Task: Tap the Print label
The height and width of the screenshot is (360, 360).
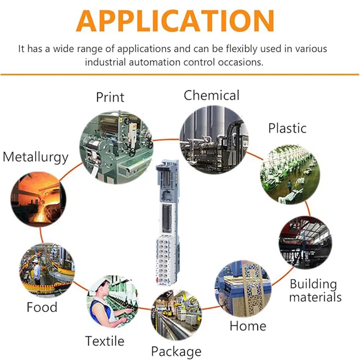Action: click(110, 97)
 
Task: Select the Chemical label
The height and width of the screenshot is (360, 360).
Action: click(211, 95)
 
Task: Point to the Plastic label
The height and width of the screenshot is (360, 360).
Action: click(287, 128)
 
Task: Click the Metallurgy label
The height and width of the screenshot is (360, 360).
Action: click(35, 157)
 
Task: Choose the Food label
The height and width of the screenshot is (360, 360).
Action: click(42, 307)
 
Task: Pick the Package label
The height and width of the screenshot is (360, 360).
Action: click(176, 351)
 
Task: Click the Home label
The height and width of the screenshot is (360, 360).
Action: click(248, 326)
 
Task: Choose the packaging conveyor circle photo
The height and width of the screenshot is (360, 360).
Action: click(176, 314)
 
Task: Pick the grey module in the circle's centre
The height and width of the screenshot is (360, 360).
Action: click(166, 223)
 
